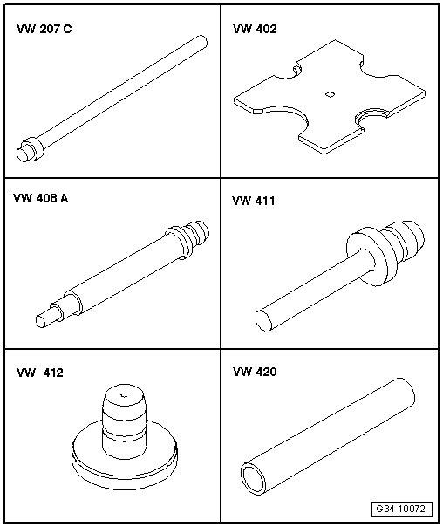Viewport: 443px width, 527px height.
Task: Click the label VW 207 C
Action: [44, 29]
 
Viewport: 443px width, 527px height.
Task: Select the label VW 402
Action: [255, 29]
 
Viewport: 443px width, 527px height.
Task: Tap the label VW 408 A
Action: [41, 198]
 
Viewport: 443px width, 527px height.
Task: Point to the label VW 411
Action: [254, 201]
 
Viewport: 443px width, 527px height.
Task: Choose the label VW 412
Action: [40, 373]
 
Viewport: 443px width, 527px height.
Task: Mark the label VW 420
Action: [255, 372]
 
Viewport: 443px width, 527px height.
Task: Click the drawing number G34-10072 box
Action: [402, 509]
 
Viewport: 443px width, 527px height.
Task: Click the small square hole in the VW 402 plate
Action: [330, 94]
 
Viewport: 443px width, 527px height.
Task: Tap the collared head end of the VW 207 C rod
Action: [30, 149]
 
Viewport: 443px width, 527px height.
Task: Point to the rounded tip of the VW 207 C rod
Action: [201, 41]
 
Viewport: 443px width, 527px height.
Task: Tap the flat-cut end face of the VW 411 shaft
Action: [263, 322]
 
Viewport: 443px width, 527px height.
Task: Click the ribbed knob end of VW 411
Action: [405, 241]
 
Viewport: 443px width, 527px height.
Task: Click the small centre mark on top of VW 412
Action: [125, 395]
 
